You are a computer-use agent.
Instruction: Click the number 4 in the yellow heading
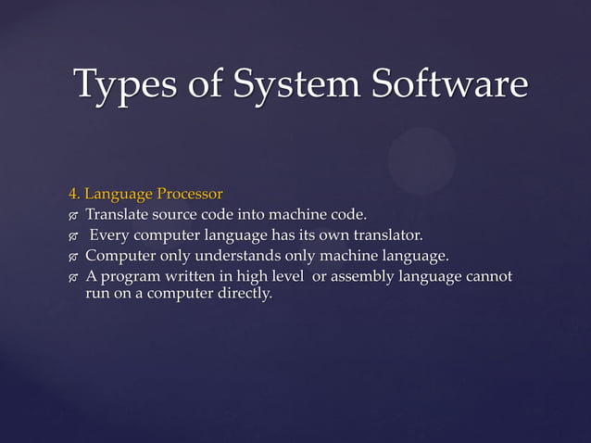pyautogui.click(x=71, y=195)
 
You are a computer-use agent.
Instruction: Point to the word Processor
pyautogui.click(x=190, y=195)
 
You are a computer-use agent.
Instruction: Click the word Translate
pyautogui.click(x=118, y=215)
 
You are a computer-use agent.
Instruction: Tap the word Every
pyautogui.click(x=110, y=235)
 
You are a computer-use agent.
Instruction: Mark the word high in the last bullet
pyautogui.click(x=259, y=277)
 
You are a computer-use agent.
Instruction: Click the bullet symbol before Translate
pyautogui.click(x=73, y=216)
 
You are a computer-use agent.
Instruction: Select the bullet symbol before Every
pyautogui.click(x=73, y=236)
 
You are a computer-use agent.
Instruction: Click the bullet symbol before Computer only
pyautogui.click(x=73, y=257)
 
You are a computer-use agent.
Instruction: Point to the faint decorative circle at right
pyautogui.click(x=421, y=160)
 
